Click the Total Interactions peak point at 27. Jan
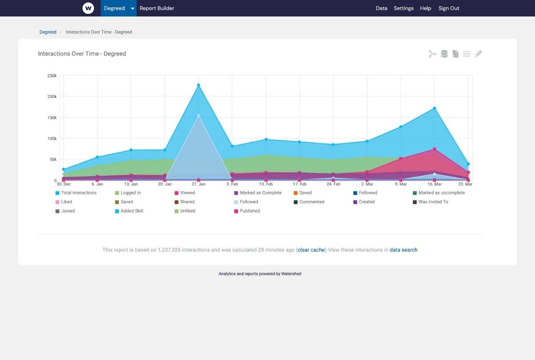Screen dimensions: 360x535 (x=198, y=85)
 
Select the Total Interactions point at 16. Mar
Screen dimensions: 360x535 (x=434, y=108)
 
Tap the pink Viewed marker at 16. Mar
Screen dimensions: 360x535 (x=434, y=149)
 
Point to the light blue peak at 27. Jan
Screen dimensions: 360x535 (x=198, y=115)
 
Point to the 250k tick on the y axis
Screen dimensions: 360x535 (x=52, y=76)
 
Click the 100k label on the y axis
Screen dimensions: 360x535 (x=52, y=139)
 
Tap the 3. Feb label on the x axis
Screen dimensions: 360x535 (x=232, y=184)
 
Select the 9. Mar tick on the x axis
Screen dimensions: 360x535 (x=400, y=184)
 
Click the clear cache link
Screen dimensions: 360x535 (x=311, y=250)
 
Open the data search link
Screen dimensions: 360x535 (x=403, y=250)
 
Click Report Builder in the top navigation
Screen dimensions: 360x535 (x=157, y=8)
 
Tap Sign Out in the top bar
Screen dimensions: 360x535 (x=449, y=8)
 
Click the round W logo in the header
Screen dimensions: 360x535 (x=88, y=8)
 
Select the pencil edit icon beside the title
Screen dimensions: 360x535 (x=478, y=54)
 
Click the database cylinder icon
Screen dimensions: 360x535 (x=444, y=54)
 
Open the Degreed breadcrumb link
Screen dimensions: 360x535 (x=48, y=32)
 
